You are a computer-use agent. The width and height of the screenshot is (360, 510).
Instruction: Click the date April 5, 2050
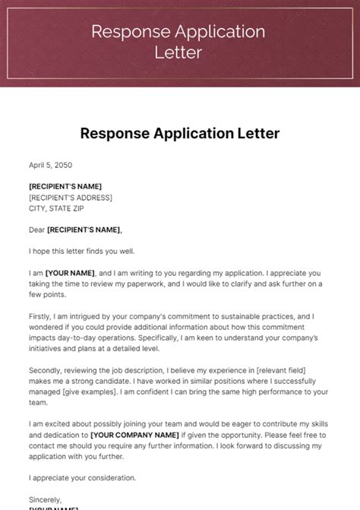[x=51, y=164]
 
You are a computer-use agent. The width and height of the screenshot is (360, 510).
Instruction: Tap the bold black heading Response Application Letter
[x=180, y=134]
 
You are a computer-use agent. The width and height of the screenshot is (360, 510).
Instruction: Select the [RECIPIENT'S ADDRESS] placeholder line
[x=71, y=198]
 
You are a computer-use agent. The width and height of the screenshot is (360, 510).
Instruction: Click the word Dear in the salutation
[x=36, y=230]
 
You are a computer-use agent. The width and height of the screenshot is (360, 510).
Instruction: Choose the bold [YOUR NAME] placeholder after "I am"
[x=70, y=273]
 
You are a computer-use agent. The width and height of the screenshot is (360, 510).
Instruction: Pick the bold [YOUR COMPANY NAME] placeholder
[x=134, y=435]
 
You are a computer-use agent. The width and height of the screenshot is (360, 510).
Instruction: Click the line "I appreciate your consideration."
[x=83, y=478]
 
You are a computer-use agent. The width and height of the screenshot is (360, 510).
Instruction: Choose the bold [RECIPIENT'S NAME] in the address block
[x=65, y=186]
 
